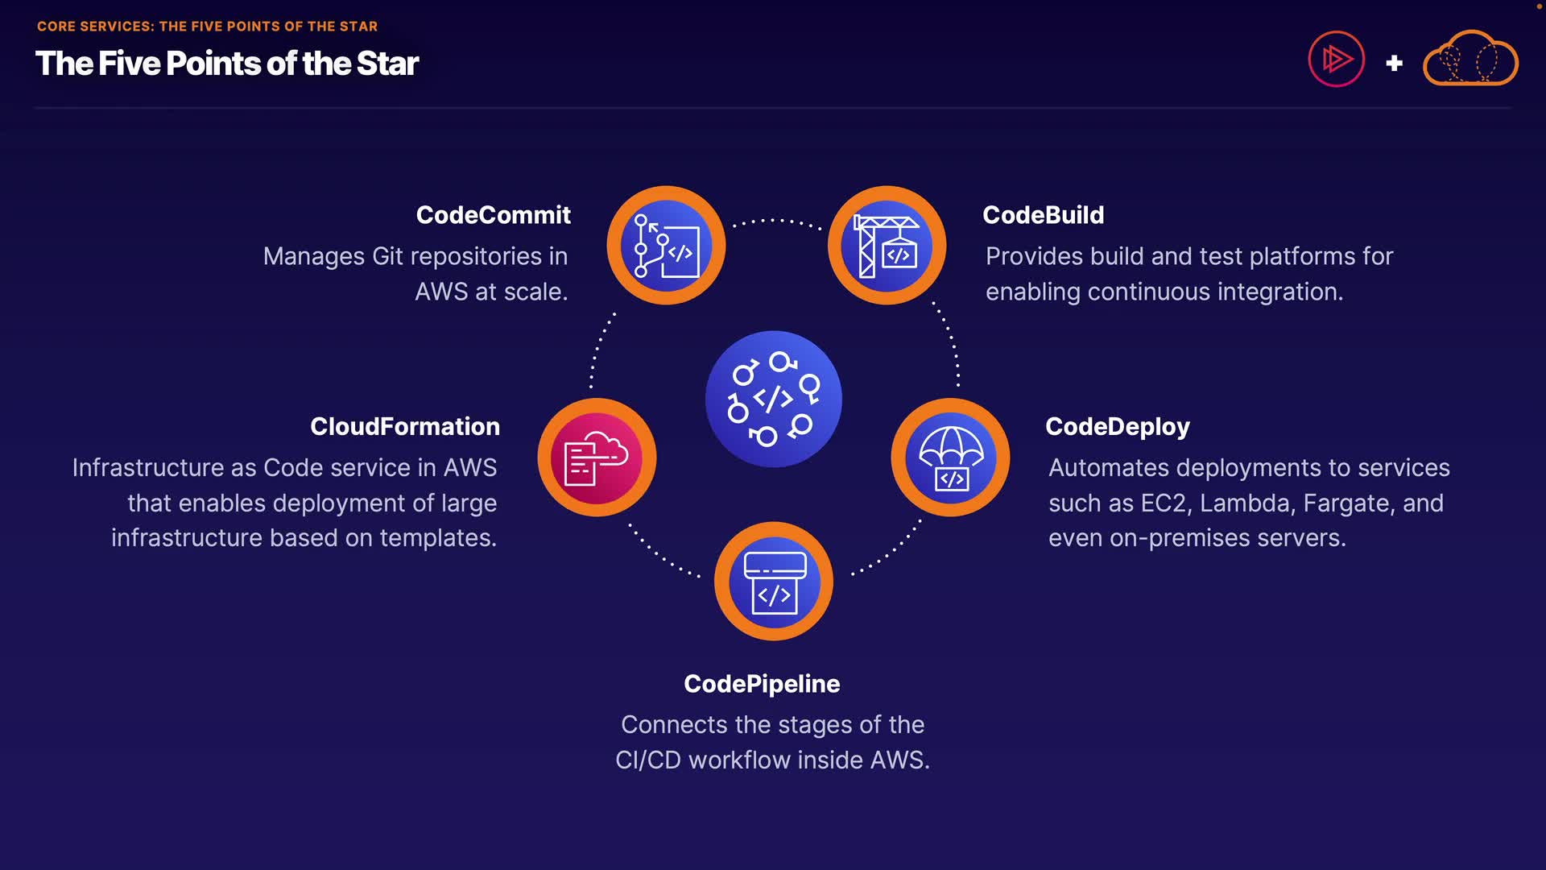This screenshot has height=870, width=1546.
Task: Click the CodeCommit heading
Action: coord(493,215)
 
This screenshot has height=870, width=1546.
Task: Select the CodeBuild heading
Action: coord(1043,215)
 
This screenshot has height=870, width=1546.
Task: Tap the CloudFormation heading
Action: coord(405,426)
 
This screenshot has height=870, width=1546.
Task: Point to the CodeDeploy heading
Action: coord(1117,426)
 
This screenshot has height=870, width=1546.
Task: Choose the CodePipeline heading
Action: coord(762,684)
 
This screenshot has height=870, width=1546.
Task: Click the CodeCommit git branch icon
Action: coord(666,246)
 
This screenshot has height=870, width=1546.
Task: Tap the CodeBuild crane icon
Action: coord(887,246)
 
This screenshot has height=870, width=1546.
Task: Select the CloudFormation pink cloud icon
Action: coord(597,458)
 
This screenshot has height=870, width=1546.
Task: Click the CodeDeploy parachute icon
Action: coord(950,458)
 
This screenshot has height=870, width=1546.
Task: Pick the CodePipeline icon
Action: coord(774,582)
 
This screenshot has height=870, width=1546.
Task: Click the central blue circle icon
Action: coord(774,399)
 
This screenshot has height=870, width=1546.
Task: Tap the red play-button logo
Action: coord(1336,59)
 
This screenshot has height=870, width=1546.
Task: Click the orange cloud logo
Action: coord(1470,59)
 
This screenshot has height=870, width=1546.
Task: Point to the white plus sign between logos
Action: coord(1394,63)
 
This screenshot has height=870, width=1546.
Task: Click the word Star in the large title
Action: coord(387,64)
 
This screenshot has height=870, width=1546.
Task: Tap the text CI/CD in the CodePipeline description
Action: coord(647,760)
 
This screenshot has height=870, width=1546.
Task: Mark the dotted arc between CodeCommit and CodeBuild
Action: coord(776,220)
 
